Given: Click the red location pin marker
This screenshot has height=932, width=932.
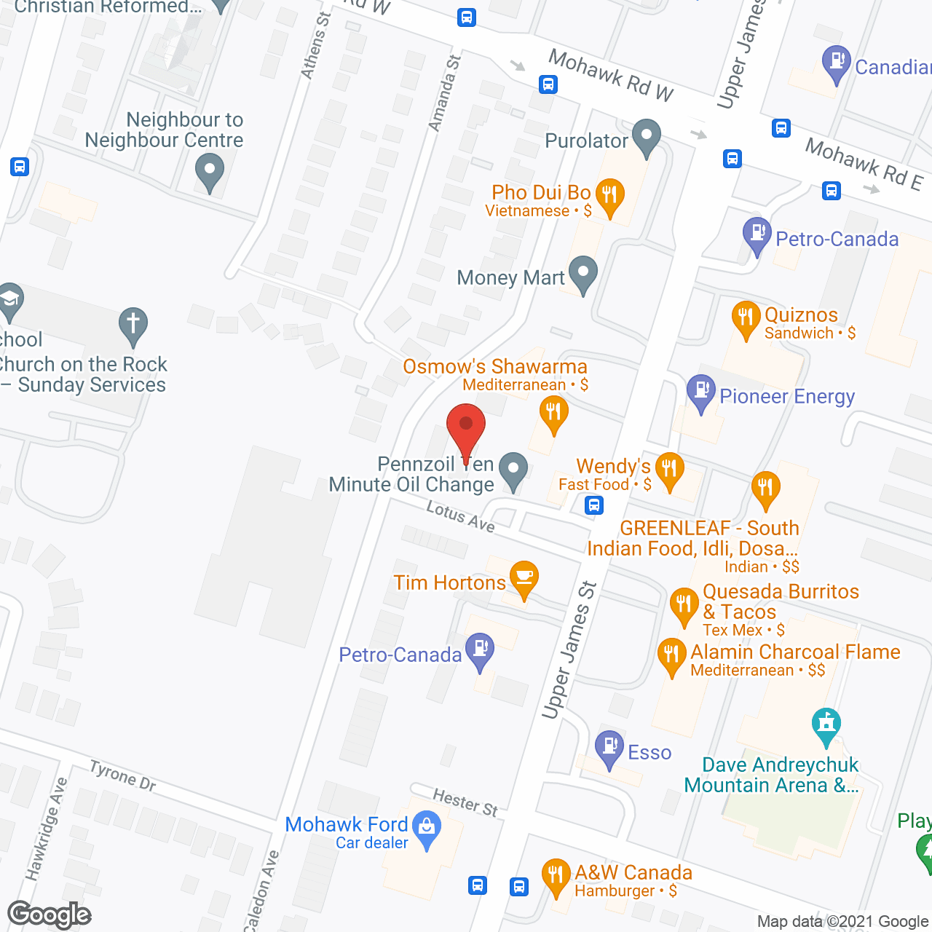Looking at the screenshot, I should tap(466, 430).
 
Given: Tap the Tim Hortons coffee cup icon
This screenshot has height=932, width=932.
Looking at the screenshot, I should tap(524, 577).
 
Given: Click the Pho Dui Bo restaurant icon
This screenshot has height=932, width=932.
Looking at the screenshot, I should tap(609, 195).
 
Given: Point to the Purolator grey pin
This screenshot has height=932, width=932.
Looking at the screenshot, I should tap(646, 136).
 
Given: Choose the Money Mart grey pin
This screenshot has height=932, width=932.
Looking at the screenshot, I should tap(582, 274).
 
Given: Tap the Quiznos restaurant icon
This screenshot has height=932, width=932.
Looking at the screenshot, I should tap(746, 317).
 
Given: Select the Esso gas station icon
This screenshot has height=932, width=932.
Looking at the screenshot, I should tap(609, 748).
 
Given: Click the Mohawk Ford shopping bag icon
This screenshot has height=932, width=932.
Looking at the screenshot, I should tap(427, 828).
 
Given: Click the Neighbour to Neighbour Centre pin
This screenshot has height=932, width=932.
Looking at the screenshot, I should tap(210, 173).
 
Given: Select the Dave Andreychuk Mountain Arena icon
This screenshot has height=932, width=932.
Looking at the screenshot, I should tap(826, 724).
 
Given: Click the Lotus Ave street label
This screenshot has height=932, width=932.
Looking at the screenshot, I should tap(461, 516).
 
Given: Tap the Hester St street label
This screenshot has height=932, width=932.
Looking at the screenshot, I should tap(465, 802).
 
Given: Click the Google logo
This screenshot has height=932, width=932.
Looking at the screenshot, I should tap(50, 915).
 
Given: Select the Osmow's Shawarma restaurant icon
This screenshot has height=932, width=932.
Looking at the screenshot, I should tap(553, 414).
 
